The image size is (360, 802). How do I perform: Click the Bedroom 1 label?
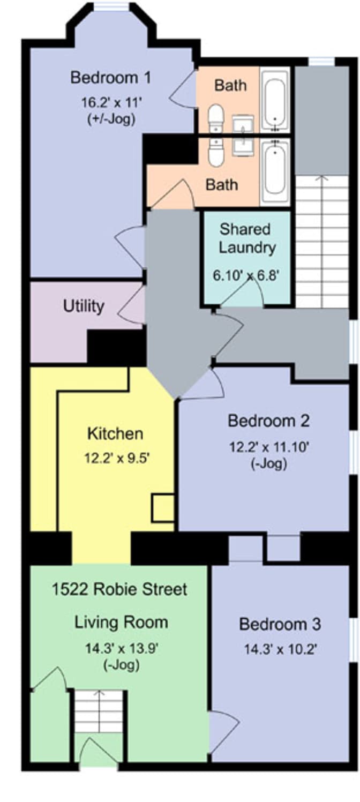point(110,78)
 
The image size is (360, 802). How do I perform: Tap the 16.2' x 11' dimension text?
point(110,103)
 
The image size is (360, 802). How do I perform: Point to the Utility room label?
point(83,306)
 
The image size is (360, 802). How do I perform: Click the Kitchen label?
point(115,433)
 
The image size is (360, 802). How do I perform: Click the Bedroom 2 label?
point(268,421)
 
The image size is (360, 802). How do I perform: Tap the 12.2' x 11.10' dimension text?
point(268,446)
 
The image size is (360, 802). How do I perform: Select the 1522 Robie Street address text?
point(119,590)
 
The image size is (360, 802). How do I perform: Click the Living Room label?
point(121,623)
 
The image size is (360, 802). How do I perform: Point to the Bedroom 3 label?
point(280,624)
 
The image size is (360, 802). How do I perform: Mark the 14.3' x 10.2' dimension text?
point(280,650)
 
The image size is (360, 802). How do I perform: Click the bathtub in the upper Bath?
point(275,100)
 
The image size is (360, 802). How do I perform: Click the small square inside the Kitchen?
point(162,508)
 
